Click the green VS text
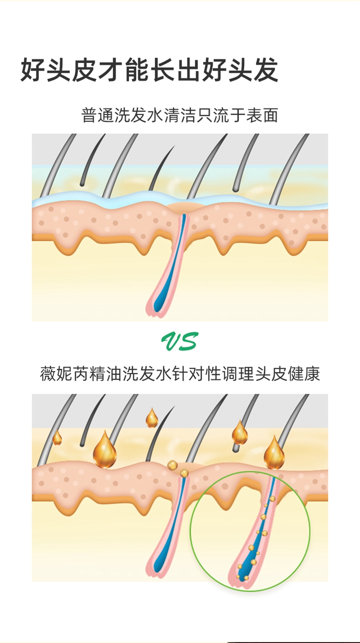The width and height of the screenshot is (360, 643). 180,341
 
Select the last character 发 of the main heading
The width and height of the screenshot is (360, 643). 264,71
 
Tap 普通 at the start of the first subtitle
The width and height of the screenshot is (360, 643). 97,115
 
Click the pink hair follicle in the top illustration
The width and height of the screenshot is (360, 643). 170,269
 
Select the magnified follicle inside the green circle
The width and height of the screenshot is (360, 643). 254,538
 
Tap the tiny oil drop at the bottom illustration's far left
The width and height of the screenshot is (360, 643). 57,438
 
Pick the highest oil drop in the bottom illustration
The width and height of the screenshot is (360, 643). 152,418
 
